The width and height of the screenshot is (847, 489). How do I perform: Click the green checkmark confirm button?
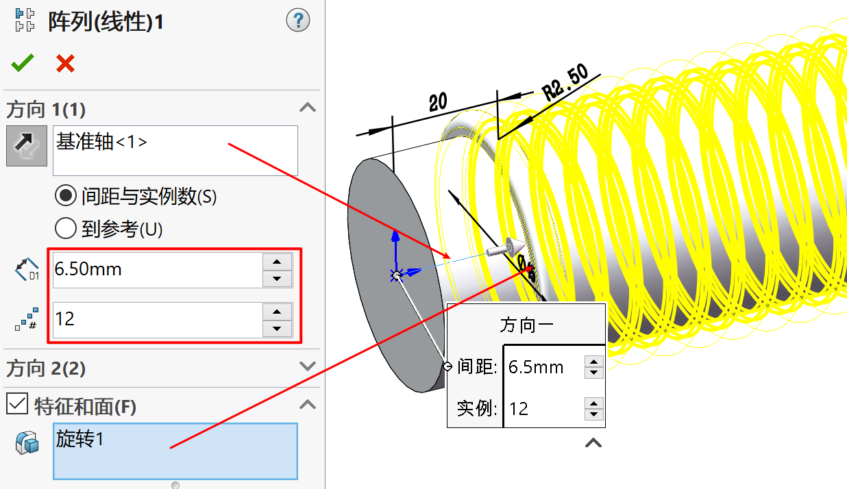click(22, 64)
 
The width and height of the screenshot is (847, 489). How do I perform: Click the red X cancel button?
click(65, 64)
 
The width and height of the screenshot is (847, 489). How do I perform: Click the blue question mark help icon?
click(298, 21)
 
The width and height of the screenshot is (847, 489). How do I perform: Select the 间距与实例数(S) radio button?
click(66, 197)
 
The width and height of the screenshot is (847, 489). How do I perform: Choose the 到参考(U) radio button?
click(66, 228)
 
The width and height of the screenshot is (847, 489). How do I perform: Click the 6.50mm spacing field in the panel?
click(157, 270)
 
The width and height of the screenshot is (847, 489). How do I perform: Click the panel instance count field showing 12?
click(157, 319)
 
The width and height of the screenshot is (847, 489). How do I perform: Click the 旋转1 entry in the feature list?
click(80, 439)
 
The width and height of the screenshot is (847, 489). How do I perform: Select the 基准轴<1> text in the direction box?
click(101, 142)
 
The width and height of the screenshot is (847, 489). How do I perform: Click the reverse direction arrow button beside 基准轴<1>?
click(27, 146)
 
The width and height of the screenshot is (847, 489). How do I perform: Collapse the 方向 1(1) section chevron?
click(308, 108)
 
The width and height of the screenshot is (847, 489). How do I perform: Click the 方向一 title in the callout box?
click(526, 325)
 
